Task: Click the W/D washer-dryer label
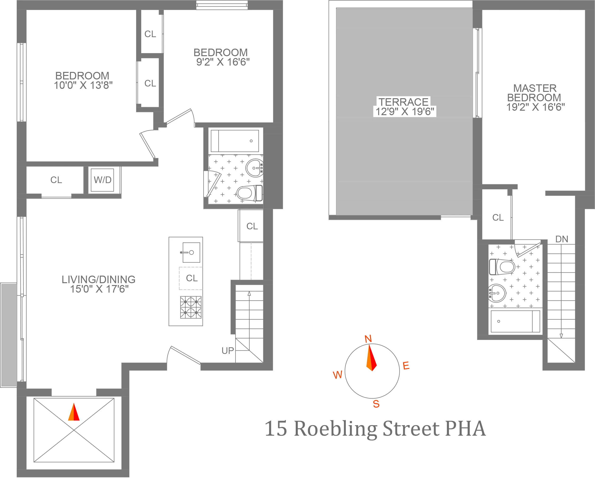coord(102,180)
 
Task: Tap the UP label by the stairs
coord(228,351)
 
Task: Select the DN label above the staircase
coord(561,239)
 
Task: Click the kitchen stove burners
coord(191,307)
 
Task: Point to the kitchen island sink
coord(191,252)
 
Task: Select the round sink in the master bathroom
coord(497,293)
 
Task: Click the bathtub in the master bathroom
coord(515,321)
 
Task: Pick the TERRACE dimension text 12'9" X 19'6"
coord(405,112)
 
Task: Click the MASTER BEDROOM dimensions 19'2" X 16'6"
coord(535,107)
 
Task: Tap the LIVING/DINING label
coord(98,279)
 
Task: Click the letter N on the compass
coord(368,339)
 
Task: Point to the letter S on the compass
coord(376,404)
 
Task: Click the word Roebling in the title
coord(335,429)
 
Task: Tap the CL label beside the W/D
coord(56,180)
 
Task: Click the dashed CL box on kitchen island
coord(191,278)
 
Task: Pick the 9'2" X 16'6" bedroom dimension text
coord(223,62)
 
